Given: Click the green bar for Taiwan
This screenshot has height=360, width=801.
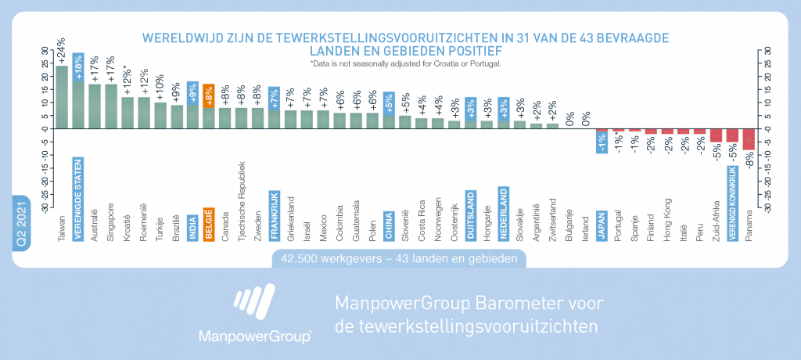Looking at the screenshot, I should (x=62, y=97).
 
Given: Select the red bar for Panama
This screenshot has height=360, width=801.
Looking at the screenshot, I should (x=749, y=139).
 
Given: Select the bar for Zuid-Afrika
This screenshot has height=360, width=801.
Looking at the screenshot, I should (x=716, y=135).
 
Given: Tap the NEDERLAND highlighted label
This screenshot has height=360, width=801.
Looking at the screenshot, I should (x=503, y=214).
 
